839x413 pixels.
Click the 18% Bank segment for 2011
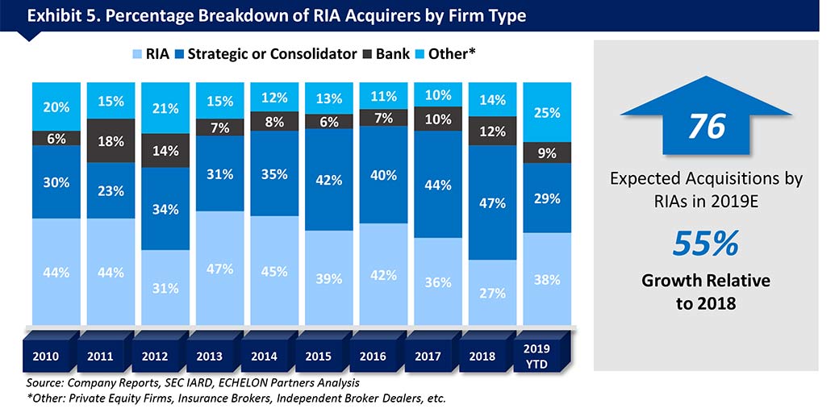[x=111, y=141]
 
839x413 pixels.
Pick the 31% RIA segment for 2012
[x=165, y=286]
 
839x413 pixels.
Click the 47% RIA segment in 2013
[x=219, y=268]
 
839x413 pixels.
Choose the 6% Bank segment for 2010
[x=57, y=138]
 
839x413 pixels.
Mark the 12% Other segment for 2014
[x=273, y=98]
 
